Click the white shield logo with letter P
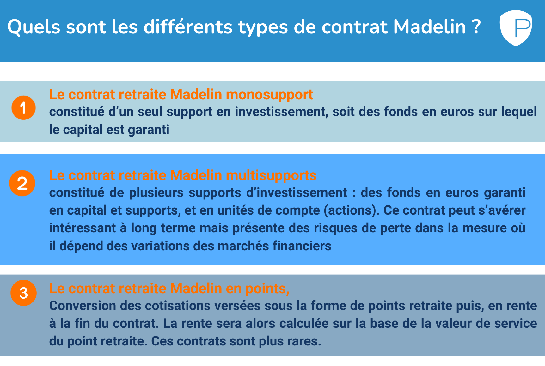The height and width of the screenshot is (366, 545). (x=516, y=28)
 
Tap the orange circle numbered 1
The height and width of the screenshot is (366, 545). (x=23, y=108)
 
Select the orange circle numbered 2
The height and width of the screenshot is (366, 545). (x=22, y=183)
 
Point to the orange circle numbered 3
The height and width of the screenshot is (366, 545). (x=24, y=293)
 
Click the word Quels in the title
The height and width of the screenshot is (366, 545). (x=34, y=27)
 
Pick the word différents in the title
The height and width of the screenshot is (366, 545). (x=188, y=27)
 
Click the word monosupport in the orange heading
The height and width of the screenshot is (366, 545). (x=269, y=95)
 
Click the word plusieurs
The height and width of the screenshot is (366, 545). (x=156, y=193)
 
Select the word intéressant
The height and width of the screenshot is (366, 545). (x=83, y=228)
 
